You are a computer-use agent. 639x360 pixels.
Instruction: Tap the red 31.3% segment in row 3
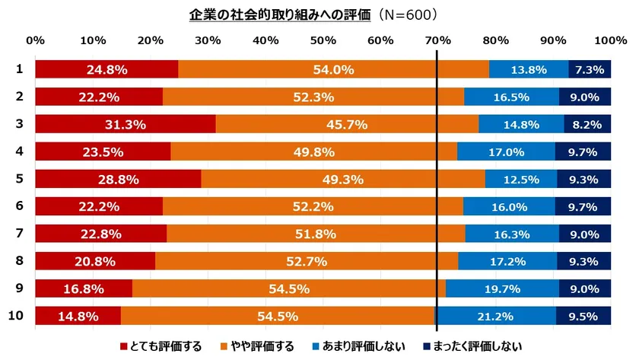click(x=126, y=125)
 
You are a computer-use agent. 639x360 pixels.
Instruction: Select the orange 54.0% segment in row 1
click(x=333, y=70)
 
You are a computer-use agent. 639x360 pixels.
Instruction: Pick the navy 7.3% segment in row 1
click(x=590, y=70)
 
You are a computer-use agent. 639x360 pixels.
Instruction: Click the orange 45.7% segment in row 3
click(x=347, y=125)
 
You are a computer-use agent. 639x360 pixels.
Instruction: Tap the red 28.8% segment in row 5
click(x=118, y=180)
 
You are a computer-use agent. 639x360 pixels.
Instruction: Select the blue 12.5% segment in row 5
click(x=521, y=180)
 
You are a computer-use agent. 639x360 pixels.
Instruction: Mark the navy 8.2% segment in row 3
click(x=587, y=125)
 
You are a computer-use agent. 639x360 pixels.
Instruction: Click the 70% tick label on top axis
click(x=437, y=40)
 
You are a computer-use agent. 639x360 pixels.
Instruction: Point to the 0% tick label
click(x=36, y=40)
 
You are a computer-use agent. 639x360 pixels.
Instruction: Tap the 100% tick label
click(x=609, y=40)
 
